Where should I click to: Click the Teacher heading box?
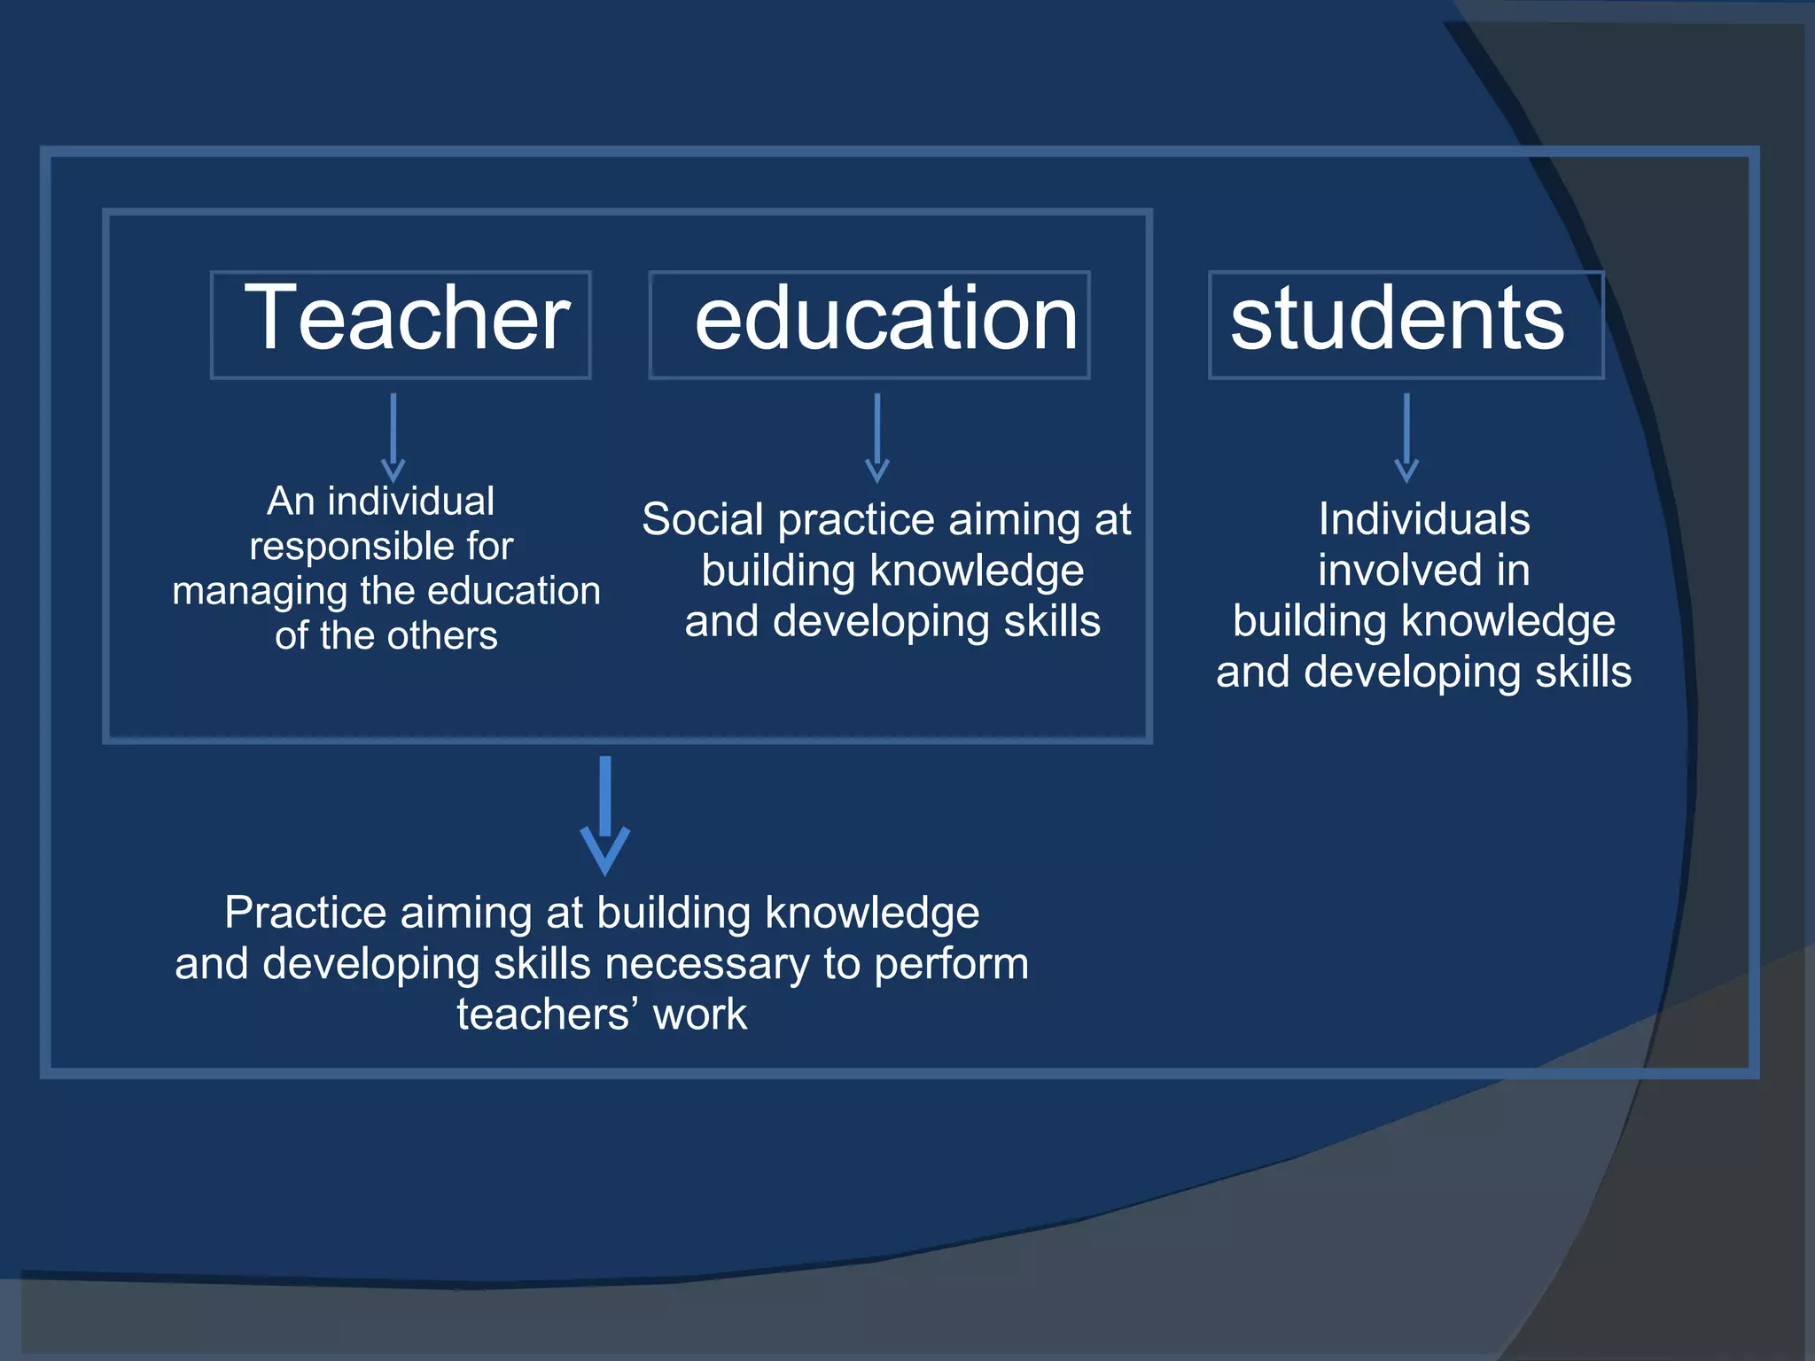pyautogui.click(x=401, y=324)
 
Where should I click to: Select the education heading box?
pyautogui.click(x=869, y=324)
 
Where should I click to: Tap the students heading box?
pyautogui.click(x=1406, y=324)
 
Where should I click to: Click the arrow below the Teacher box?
pyautogui.click(x=393, y=438)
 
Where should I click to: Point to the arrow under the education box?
pyautogui.click(x=876, y=438)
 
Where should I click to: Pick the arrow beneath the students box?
pyautogui.click(x=1406, y=438)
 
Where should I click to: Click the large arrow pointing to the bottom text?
pyautogui.click(x=605, y=815)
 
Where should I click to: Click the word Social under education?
pyautogui.click(x=702, y=519)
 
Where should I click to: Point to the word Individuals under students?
pyautogui.click(x=1423, y=519)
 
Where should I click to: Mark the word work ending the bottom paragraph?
pyautogui.click(x=700, y=1015)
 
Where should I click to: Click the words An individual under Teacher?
pyautogui.click(x=381, y=502)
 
